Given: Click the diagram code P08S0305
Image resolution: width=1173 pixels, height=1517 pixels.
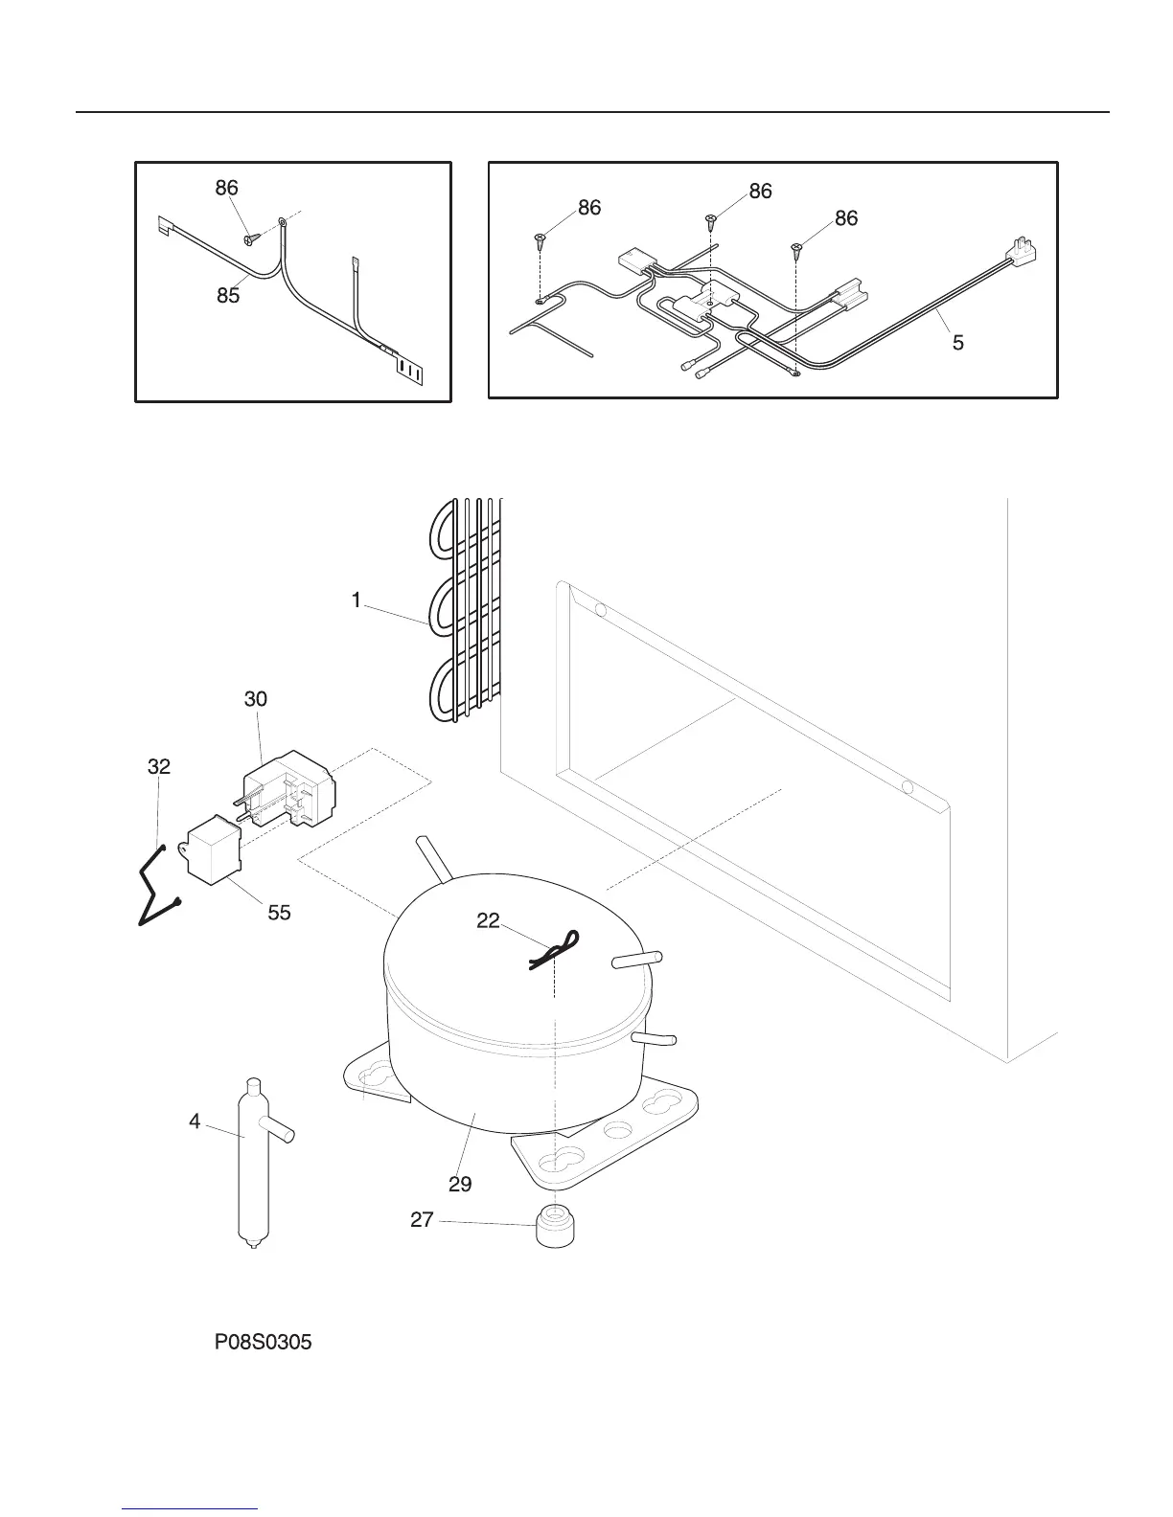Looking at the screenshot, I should coord(263,1343).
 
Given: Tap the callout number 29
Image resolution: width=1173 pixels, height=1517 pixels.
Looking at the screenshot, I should coord(460,1184).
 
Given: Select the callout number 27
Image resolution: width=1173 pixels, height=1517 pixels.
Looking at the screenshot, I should coord(423,1220).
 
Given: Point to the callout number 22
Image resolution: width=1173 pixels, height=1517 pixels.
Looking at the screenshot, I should coord(488,920).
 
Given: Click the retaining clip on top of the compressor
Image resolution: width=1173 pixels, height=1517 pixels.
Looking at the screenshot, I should coord(556,951).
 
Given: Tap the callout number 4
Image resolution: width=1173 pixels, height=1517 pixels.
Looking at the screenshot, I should coord(195,1121).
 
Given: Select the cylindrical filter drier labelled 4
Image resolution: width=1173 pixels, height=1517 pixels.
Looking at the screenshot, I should coord(251,1164).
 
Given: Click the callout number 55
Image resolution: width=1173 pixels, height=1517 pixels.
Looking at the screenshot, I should coord(279,913).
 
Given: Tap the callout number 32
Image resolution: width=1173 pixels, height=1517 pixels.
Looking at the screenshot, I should coord(159,766).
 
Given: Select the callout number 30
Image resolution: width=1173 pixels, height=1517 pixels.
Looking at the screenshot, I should coord(256,699).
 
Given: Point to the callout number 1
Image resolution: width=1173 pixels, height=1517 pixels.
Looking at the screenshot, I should coord(356,600).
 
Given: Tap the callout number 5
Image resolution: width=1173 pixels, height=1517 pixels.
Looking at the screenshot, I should coord(957,342).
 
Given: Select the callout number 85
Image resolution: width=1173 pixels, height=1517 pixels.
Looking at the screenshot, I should coord(227,296).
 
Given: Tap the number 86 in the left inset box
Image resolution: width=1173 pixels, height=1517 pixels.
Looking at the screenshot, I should coord(226,188).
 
